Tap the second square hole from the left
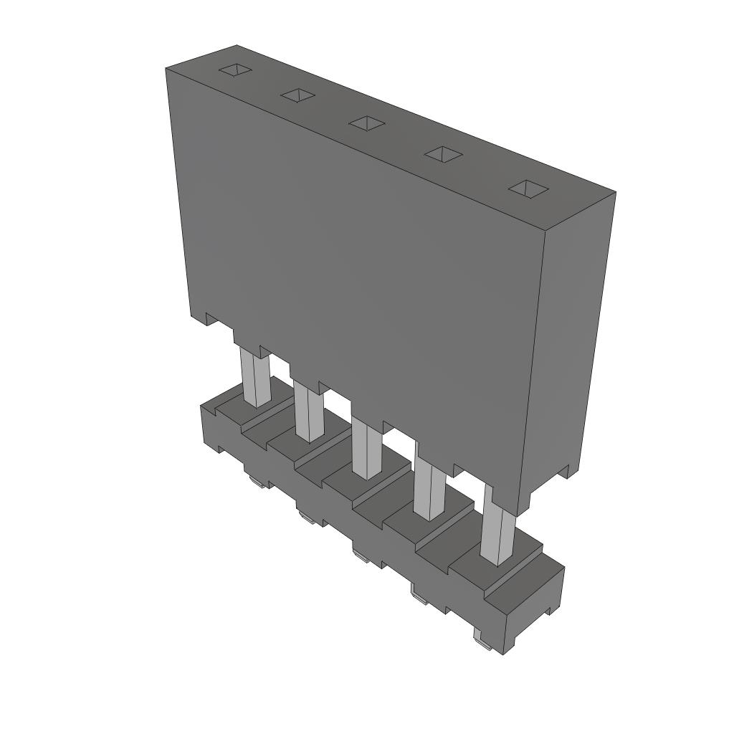point(298,95)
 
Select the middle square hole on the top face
point(367,123)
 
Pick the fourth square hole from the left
point(443,153)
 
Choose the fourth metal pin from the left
point(429,492)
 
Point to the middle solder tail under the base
point(362,553)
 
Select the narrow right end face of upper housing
point(573,344)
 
